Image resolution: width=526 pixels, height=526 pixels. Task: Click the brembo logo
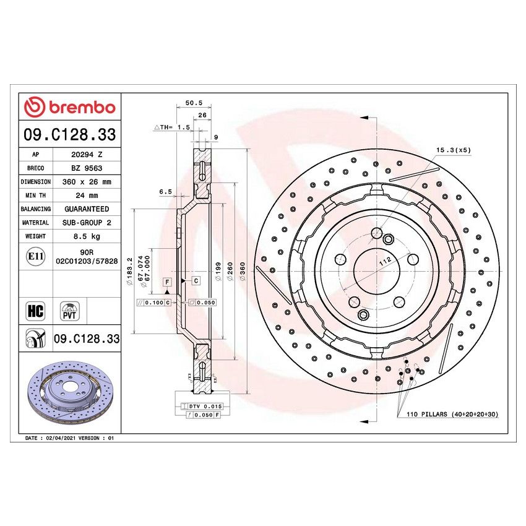click(x=69, y=107)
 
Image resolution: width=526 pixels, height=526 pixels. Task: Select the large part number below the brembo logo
click(x=69, y=134)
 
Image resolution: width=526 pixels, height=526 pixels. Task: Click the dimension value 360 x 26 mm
click(x=87, y=182)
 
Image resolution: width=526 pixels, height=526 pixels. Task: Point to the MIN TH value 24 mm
click(x=87, y=196)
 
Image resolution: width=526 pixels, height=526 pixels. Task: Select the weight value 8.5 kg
click(x=87, y=236)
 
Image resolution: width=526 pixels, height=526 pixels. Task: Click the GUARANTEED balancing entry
click(x=87, y=209)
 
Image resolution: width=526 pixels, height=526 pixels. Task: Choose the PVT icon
click(x=69, y=311)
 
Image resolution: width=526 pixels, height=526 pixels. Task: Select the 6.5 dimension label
click(x=165, y=192)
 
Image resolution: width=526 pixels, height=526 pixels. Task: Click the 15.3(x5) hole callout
click(x=453, y=150)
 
